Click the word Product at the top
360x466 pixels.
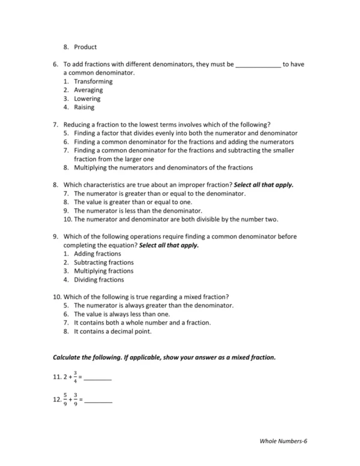pyautogui.click(x=85, y=47)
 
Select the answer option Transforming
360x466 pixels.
pyautogui.click(x=93, y=81)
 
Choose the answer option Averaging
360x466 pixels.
pyautogui.click(x=88, y=90)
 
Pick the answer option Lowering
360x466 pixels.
pyautogui.click(x=87, y=98)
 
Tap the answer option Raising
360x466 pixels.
pyautogui.click(x=84, y=107)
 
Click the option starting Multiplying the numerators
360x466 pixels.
pyautogui.click(x=163, y=168)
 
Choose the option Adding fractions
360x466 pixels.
pyautogui.click(x=97, y=254)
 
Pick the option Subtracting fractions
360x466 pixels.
pyautogui.click(x=103, y=262)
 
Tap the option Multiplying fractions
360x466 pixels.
pyautogui.click(x=103, y=271)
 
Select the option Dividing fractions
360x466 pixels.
pyautogui.click(x=99, y=280)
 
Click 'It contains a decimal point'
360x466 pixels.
pyautogui.click(x=113, y=331)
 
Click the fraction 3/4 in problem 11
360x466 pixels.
pyautogui.click(x=75, y=377)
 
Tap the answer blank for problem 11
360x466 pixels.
pyautogui.click(x=98, y=380)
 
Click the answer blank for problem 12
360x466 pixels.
pyautogui.click(x=99, y=401)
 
